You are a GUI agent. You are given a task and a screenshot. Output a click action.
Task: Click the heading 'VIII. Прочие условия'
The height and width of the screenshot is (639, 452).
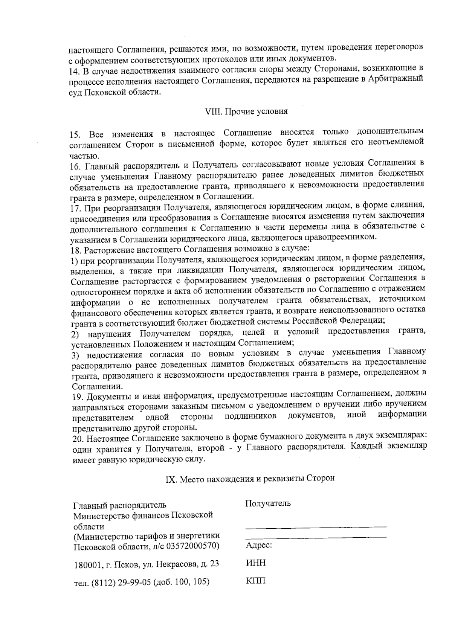click(x=246, y=111)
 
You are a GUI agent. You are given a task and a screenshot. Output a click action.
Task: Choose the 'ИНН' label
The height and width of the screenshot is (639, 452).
click(x=255, y=563)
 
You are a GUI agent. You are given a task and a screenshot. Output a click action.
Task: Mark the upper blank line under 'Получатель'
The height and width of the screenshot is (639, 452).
click(x=316, y=526)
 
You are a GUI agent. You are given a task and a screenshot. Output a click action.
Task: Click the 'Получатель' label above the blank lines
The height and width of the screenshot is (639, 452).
click(x=267, y=503)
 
